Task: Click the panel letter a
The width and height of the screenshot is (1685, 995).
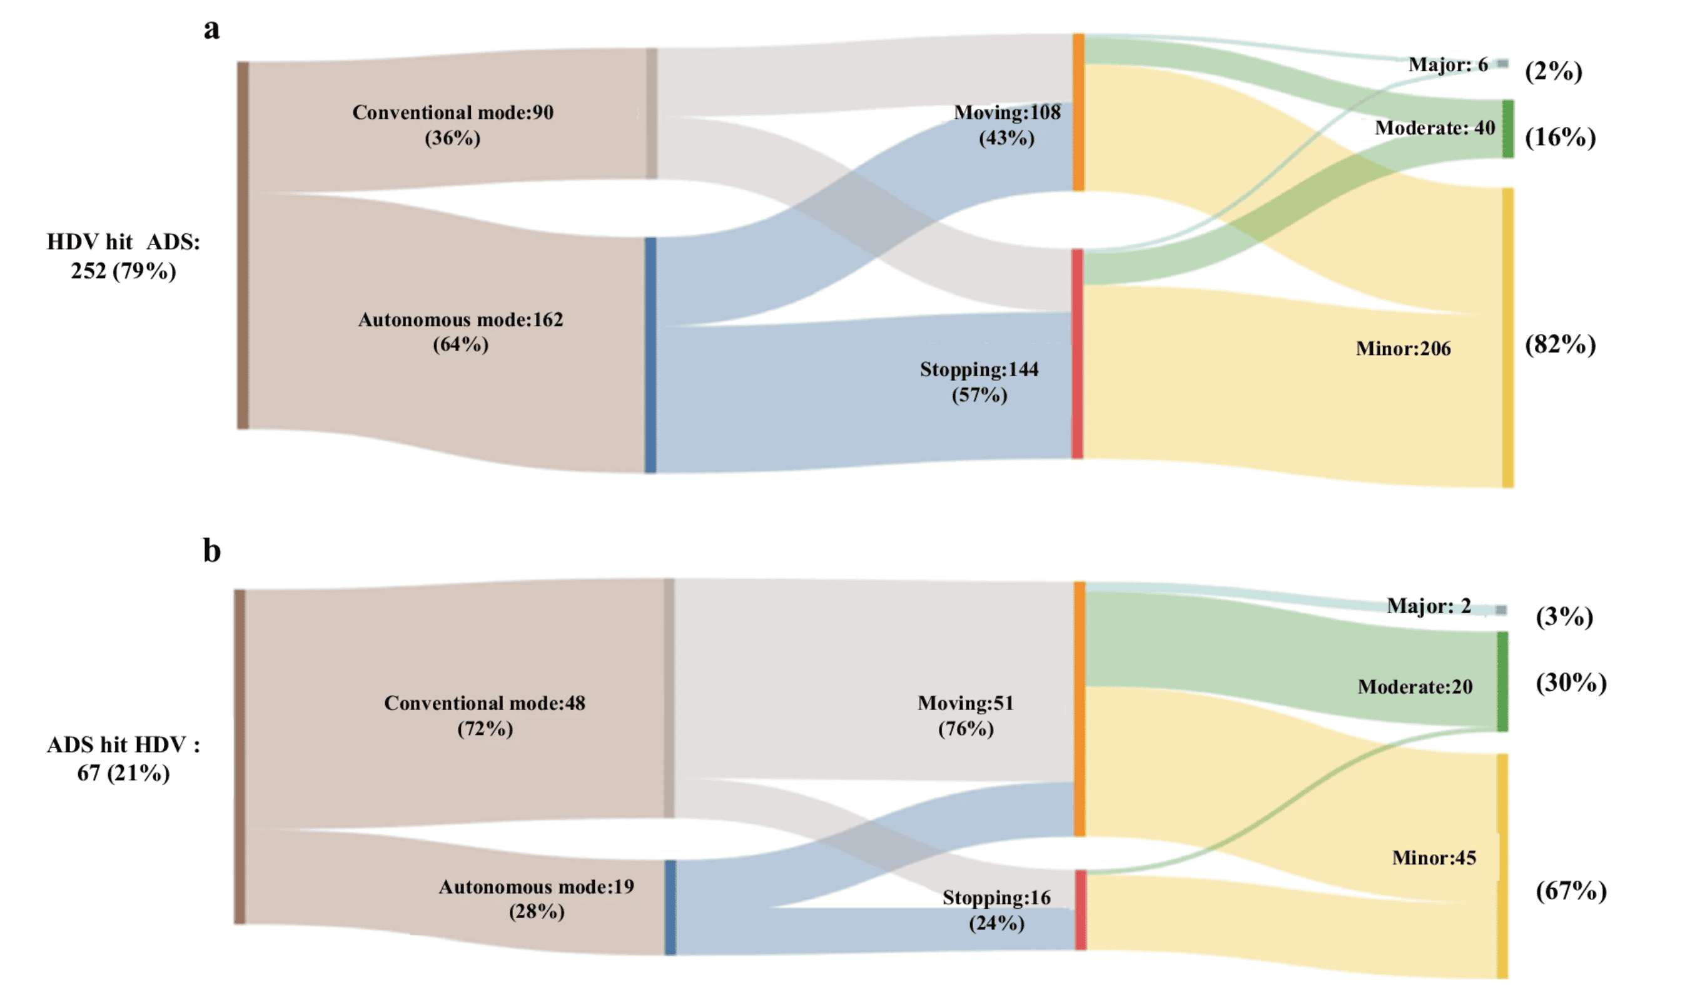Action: [x=212, y=29]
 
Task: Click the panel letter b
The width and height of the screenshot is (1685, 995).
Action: [x=212, y=551]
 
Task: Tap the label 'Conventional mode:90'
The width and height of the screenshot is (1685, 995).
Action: [x=453, y=112]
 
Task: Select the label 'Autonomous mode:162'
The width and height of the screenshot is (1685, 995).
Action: [x=460, y=320]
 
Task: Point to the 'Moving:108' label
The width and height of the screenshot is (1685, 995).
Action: [x=1007, y=112]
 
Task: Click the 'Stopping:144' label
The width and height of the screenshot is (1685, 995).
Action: [x=979, y=369]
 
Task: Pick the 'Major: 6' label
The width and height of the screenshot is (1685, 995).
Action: [x=1447, y=65]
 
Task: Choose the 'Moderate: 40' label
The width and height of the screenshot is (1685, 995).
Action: [x=1434, y=128]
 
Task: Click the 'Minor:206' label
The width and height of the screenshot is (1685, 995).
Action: [x=1404, y=349]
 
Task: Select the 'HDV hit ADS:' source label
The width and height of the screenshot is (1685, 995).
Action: [x=123, y=242]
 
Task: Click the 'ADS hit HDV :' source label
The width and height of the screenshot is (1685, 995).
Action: [x=123, y=745]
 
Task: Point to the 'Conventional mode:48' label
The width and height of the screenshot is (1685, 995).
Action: [x=484, y=703]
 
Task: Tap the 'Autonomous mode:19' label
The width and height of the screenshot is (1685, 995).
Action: [x=536, y=887]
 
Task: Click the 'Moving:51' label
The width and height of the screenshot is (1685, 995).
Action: [x=965, y=703]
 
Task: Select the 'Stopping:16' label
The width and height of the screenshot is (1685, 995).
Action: [x=996, y=897]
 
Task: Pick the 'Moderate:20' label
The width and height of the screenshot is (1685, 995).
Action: [x=1415, y=687]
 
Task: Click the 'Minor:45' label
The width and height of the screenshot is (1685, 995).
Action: [x=1434, y=858]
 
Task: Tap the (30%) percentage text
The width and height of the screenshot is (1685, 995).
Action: [x=1571, y=683]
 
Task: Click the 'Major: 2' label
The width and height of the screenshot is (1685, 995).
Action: [x=1429, y=607]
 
